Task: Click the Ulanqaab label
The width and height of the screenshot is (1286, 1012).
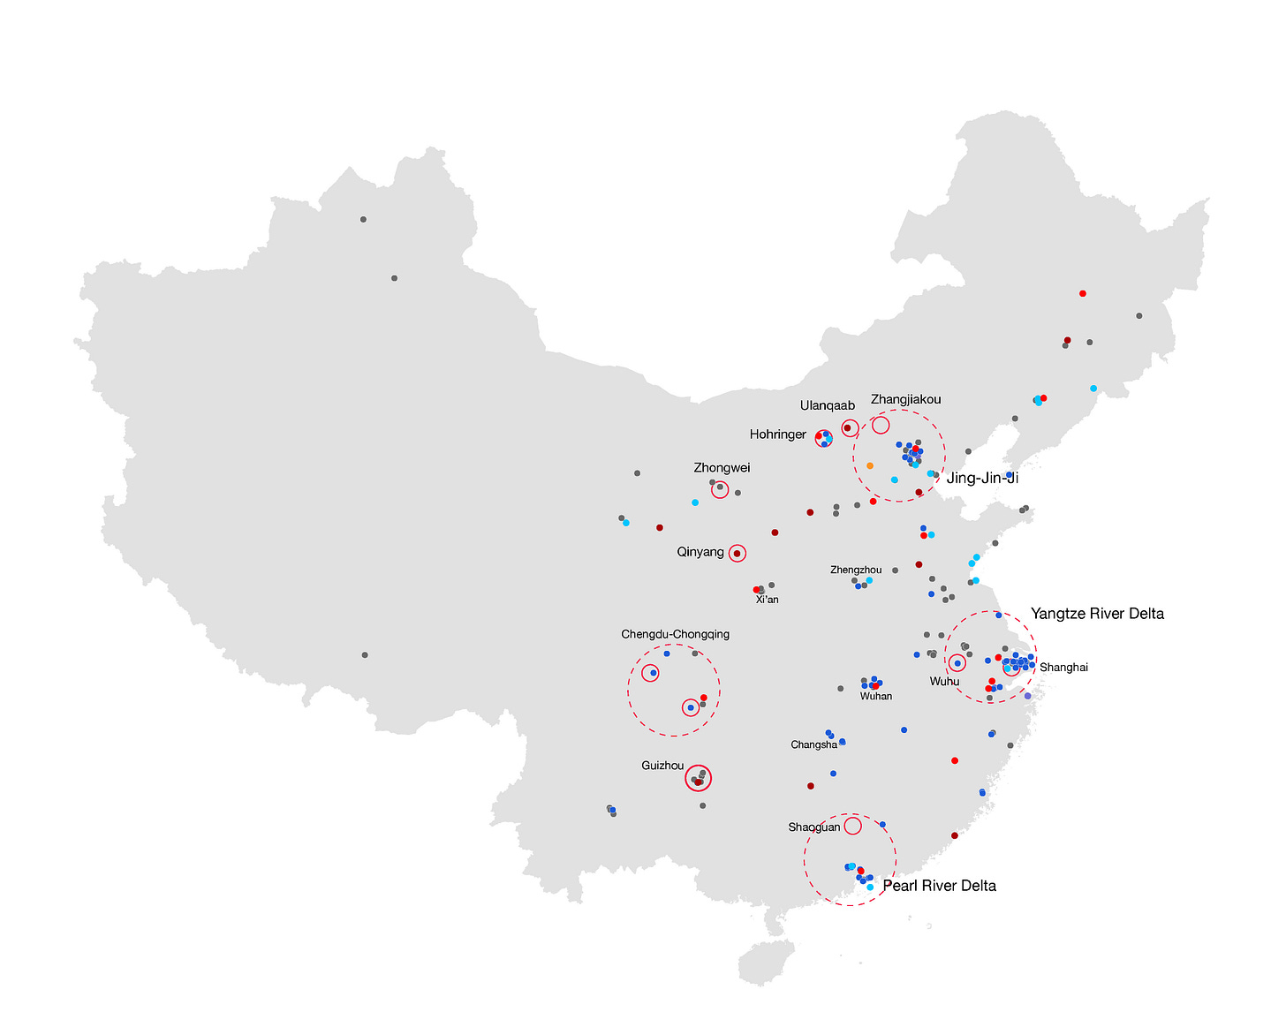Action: click(x=827, y=405)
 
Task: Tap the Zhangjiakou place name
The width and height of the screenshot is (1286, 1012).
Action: click(x=905, y=399)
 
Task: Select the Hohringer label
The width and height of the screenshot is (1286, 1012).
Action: click(x=777, y=434)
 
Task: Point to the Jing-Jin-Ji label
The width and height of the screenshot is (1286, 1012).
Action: click(x=982, y=478)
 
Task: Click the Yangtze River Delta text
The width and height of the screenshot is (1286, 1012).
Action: click(x=1097, y=614)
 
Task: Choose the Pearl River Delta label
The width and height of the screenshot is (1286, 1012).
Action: click(x=939, y=886)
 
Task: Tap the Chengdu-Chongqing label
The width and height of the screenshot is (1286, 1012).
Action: click(x=675, y=634)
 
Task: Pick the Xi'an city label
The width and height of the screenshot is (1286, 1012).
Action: click(x=767, y=600)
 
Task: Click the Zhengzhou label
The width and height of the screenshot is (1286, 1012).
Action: click(x=855, y=570)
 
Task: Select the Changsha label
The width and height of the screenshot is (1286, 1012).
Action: click(x=813, y=744)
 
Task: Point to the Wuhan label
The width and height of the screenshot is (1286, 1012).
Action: click(x=875, y=696)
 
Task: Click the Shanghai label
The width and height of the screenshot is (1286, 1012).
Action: click(x=1063, y=667)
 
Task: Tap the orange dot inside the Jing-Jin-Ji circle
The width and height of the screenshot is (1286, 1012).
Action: click(x=870, y=465)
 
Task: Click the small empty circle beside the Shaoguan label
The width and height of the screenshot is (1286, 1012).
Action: click(x=852, y=826)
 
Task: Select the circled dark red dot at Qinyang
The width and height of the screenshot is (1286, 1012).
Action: click(x=737, y=553)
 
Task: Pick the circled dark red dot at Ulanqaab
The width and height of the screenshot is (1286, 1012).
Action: click(x=848, y=428)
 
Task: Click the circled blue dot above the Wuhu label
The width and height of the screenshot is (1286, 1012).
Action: click(x=957, y=663)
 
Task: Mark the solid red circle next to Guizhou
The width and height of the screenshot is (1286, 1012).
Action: click(x=698, y=779)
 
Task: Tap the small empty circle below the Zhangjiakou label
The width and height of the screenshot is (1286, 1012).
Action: click(x=881, y=426)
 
